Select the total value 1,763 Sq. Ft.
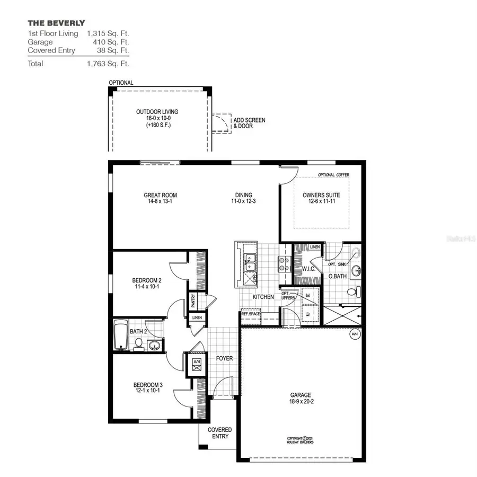(108, 64)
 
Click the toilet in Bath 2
(138, 344)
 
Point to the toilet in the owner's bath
(354, 291)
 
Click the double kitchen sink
(248, 261)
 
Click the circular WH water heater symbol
(354, 334)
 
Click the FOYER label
(224, 359)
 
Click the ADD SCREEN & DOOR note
(249, 123)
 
